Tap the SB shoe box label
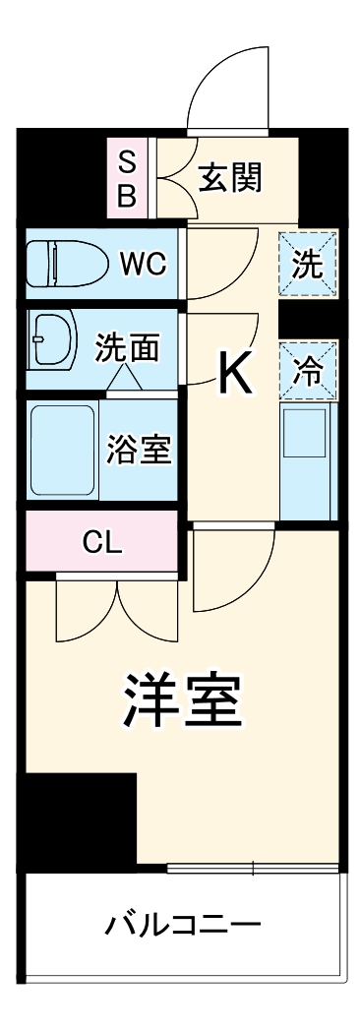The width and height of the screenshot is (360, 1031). [127, 178]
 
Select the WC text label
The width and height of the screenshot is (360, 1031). [144, 265]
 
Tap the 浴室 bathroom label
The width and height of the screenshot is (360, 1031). [140, 448]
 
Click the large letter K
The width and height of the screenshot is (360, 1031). [235, 371]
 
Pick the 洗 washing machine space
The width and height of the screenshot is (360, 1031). [308, 264]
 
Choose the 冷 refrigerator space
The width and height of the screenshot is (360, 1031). [308, 371]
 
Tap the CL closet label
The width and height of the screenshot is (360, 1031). [103, 541]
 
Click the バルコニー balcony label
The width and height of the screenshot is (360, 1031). [183, 925]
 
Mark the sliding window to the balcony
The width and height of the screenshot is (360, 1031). [253, 869]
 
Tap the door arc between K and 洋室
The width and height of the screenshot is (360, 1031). [226, 576]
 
